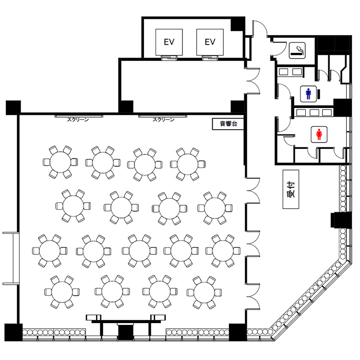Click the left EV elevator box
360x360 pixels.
(x=169, y=42)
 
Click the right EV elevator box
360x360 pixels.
(x=210, y=42)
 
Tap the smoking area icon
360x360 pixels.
(x=297, y=50)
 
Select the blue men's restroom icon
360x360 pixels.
(x=308, y=94)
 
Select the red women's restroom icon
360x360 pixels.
(x=319, y=134)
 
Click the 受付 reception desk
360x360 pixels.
(x=291, y=190)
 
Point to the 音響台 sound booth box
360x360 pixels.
(x=228, y=124)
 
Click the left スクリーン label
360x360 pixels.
(x=78, y=120)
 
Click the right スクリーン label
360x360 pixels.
(x=164, y=120)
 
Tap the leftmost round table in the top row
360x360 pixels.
(x=60, y=162)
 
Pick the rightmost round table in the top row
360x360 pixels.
(x=188, y=164)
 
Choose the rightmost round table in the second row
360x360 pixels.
(x=215, y=208)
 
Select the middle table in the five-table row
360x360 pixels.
(x=139, y=251)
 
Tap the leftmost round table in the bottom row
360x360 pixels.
(x=62, y=292)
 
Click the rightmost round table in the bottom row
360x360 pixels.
(x=204, y=292)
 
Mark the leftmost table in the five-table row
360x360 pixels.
(x=49, y=251)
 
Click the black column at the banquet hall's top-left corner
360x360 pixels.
(x=13, y=108)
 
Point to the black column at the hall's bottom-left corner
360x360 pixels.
(x=13, y=332)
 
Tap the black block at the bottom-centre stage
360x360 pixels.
(x=125, y=333)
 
